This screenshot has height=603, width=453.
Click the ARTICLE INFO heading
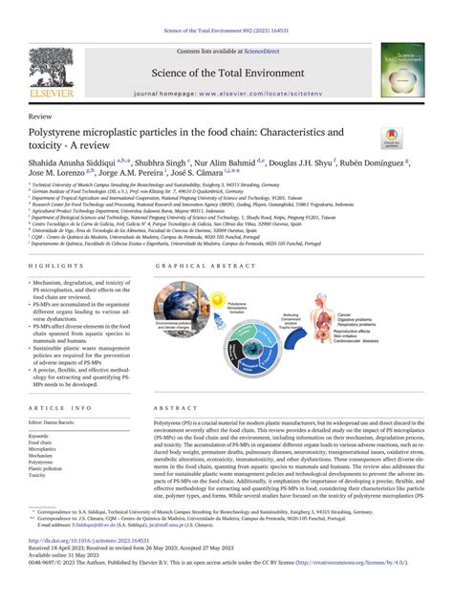click(x=55, y=380)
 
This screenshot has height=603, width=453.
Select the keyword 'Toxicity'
click(x=39, y=475)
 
